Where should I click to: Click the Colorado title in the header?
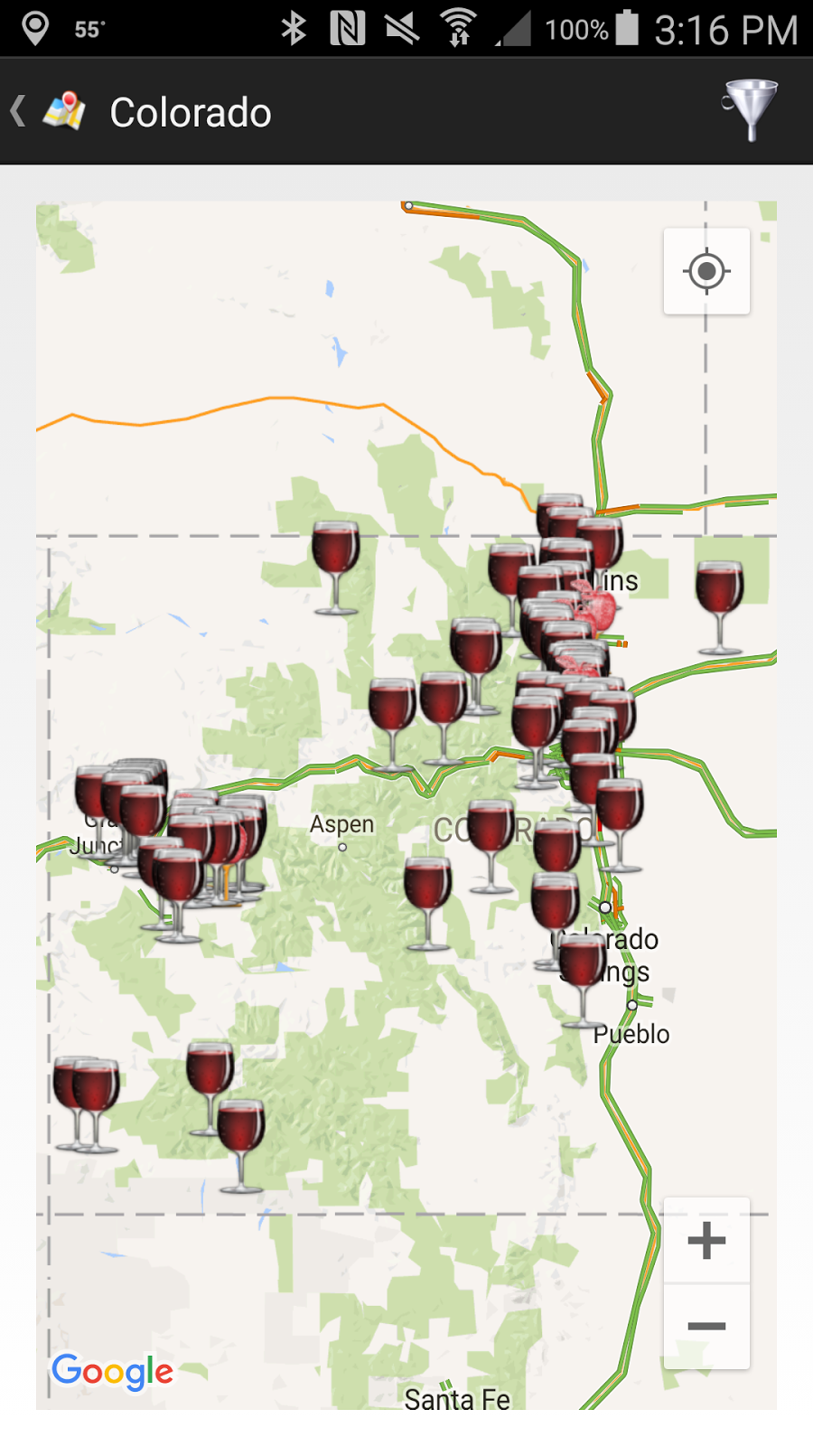point(191,113)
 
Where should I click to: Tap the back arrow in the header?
point(17,111)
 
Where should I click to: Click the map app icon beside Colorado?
point(64,111)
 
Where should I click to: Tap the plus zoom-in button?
point(706,1240)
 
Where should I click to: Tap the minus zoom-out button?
point(706,1326)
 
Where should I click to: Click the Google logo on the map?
point(112,1371)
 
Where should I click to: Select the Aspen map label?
point(341,824)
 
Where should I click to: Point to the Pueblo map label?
point(631,1034)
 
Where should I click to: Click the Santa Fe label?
point(457,1399)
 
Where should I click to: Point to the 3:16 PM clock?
point(725,30)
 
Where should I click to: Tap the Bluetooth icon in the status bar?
point(294,28)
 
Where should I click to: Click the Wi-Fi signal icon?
point(458,28)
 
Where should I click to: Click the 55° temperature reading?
point(89,30)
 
